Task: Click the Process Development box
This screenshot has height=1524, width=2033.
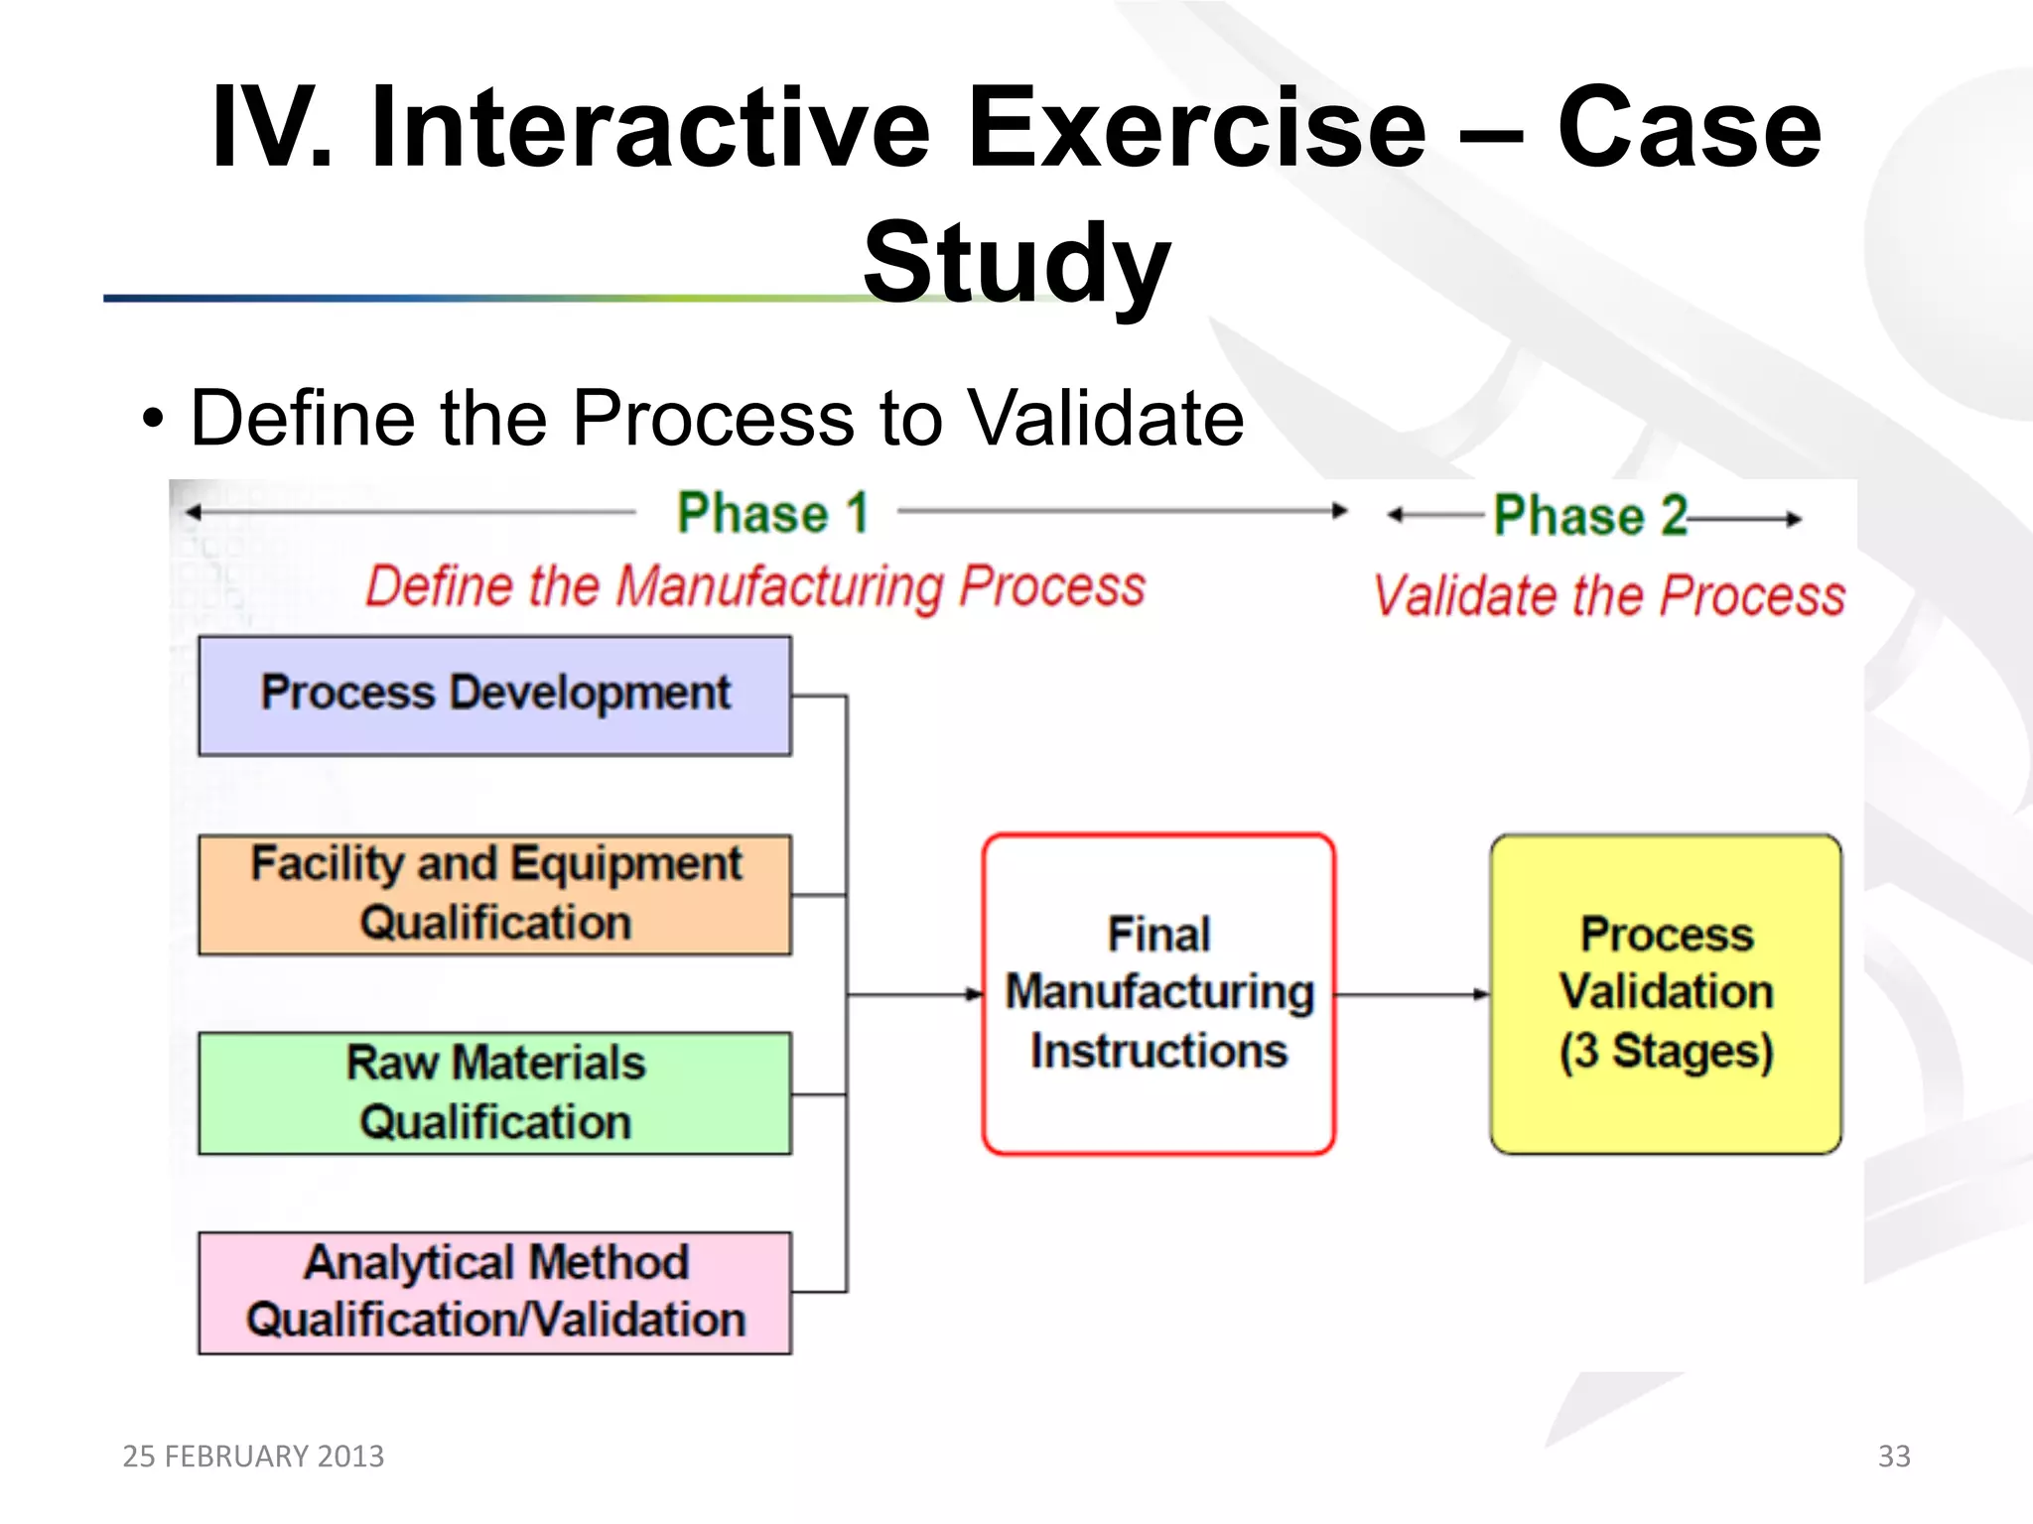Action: click(494, 696)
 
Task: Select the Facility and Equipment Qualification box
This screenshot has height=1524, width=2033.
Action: click(494, 894)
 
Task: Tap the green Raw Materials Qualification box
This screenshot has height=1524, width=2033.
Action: click(494, 1092)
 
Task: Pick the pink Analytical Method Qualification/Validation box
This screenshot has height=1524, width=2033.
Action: click(494, 1292)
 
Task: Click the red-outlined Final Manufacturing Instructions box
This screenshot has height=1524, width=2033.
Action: click(1158, 993)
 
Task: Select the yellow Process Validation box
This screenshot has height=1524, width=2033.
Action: click(1666, 993)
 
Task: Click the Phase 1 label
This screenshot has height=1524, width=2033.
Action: click(772, 513)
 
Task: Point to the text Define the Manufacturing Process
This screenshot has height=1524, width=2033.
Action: click(754, 585)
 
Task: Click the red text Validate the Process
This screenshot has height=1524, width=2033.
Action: click(1608, 595)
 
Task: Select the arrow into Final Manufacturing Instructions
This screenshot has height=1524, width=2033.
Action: click(913, 993)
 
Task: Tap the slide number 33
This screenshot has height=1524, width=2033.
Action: click(1894, 1456)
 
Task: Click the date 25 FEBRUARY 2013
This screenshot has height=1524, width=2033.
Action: click(253, 1456)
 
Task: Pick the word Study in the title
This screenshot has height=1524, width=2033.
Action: click(1016, 263)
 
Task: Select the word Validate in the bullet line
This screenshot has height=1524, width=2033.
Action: click(1105, 418)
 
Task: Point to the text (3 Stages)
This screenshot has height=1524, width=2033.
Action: click(1666, 1051)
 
